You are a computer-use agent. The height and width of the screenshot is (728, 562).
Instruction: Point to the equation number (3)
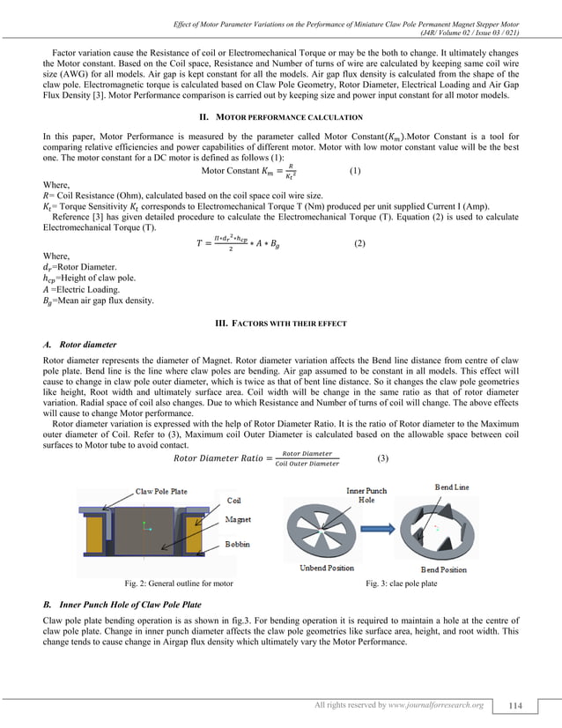381,459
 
